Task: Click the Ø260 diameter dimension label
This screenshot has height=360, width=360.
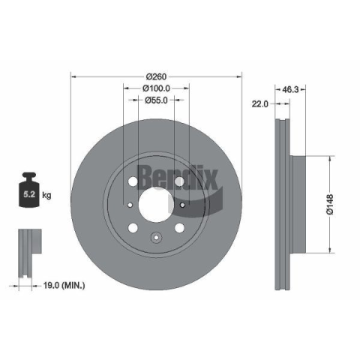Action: (156, 76)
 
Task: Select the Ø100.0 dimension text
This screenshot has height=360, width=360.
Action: (156, 88)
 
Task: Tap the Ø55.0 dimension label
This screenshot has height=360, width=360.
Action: (156, 100)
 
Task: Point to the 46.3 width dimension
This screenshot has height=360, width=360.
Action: (290, 89)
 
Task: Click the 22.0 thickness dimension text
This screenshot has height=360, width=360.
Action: (259, 103)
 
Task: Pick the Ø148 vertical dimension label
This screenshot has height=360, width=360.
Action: (330, 204)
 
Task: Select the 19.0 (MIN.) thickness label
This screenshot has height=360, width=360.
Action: (64, 285)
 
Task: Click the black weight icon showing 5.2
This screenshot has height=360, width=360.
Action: (29, 190)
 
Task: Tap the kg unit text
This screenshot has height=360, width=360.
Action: (46, 195)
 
